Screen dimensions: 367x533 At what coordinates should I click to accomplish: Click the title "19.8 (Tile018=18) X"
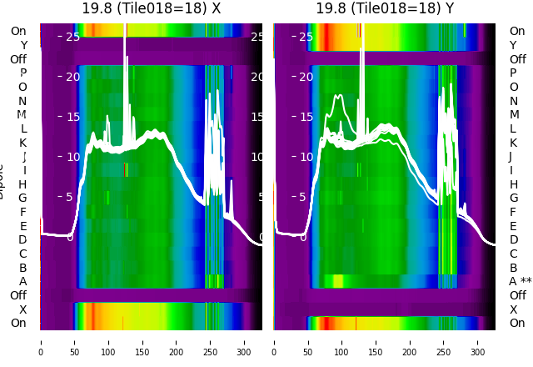[151, 8]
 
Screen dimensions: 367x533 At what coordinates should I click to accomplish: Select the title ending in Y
[385, 8]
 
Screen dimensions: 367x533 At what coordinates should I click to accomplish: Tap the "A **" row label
[521, 281]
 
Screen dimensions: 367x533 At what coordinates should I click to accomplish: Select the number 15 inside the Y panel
[306, 117]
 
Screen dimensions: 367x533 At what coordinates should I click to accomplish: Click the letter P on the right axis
[514, 73]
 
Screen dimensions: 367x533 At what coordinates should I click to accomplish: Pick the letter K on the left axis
[23, 143]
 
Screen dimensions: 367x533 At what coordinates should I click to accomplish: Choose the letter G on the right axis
[514, 198]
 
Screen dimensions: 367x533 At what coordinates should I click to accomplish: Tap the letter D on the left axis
[23, 239]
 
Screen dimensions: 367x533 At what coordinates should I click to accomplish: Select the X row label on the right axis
[514, 309]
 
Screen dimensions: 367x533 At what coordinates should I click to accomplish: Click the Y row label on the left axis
[23, 45]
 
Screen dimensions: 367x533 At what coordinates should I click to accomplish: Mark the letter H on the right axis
[514, 184]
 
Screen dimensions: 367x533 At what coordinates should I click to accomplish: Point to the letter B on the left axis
[23, 268]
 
